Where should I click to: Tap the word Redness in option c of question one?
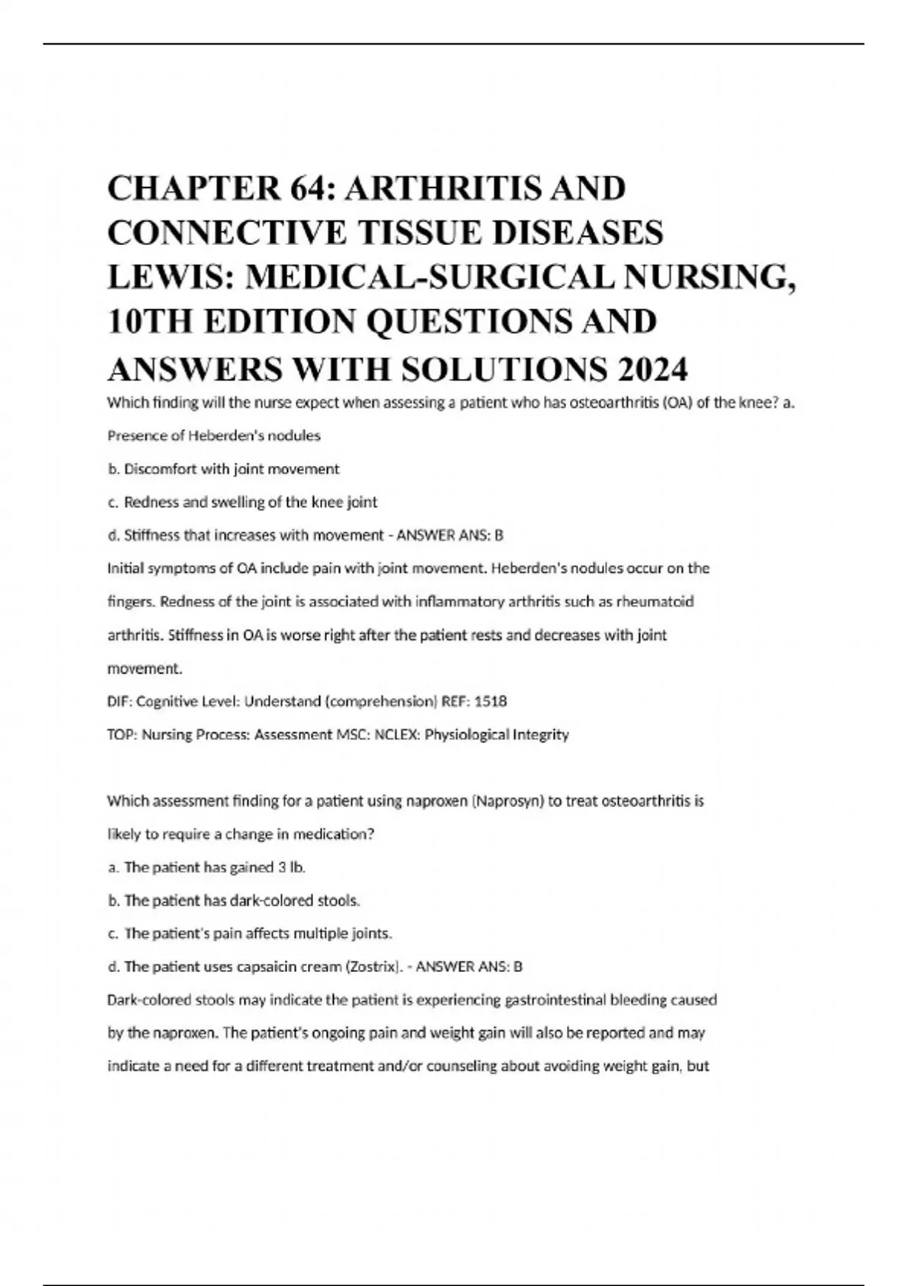[x=147, y=502]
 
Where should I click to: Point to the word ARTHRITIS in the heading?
[x=438, y=188]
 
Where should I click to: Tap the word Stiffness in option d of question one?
[x=151, y=535]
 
